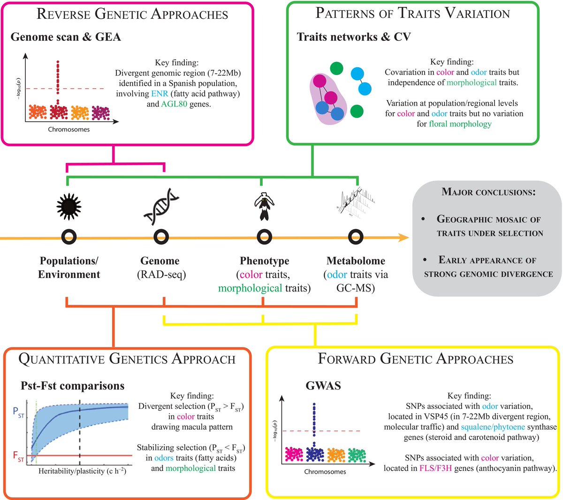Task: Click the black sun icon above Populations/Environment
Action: point(68,205)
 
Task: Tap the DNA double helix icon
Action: point(161,207)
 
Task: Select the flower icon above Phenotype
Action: point(264,207)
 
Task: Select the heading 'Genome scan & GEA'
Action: point(66,37)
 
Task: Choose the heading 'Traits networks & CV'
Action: point(354,37)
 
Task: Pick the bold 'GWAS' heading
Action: point(323,386)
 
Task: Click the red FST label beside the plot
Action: point(18,456)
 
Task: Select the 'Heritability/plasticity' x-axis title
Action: point(82,470)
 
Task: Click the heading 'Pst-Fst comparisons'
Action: point(72,386)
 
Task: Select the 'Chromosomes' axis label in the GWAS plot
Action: point(325,471)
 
